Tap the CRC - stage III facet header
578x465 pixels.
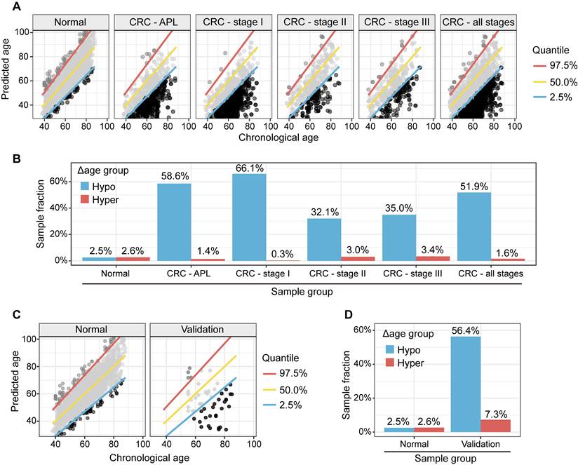tap(396, 22)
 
